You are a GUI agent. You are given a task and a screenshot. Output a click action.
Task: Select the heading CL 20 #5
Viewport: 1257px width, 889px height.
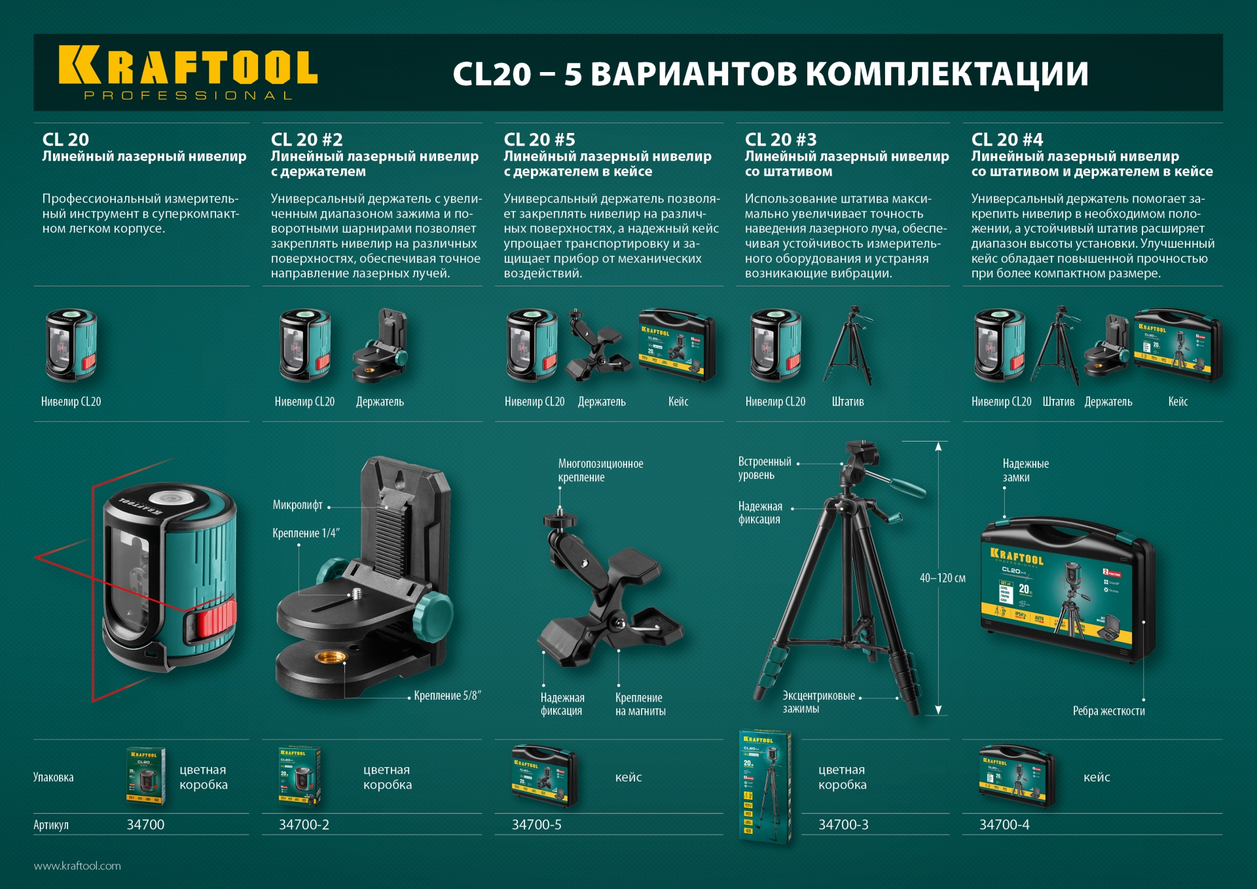click(539, 140)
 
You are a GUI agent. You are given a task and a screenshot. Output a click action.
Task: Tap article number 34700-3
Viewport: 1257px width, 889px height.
click(843, 825)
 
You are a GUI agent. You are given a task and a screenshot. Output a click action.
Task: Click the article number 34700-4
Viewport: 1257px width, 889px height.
click(1004, 825)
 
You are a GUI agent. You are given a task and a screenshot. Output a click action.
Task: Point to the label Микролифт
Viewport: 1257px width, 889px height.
click(297, 505)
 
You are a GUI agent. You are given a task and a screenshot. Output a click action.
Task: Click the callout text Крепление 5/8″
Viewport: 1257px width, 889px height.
click(447, 696)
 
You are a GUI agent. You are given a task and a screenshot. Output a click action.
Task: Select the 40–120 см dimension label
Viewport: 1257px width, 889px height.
click(942, 578)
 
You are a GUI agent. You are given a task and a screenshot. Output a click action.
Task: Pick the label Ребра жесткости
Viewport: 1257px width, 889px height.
click(1108, 711)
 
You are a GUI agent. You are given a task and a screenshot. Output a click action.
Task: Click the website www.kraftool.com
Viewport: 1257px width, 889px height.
click(77, 866)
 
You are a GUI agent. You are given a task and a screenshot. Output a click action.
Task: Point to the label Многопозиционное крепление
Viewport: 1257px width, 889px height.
click(600, 470)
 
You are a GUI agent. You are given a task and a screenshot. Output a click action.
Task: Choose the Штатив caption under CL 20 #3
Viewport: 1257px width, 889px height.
click(847, 402)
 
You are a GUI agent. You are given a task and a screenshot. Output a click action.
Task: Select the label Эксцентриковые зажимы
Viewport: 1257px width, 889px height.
click(818, 702)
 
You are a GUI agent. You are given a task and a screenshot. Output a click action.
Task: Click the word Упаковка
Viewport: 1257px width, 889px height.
click(53, 778)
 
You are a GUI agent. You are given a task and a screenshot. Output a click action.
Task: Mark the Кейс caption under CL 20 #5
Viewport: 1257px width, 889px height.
click(678, 402)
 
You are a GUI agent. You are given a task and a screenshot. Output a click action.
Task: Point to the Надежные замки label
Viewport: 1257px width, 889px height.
click(1025, 470)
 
